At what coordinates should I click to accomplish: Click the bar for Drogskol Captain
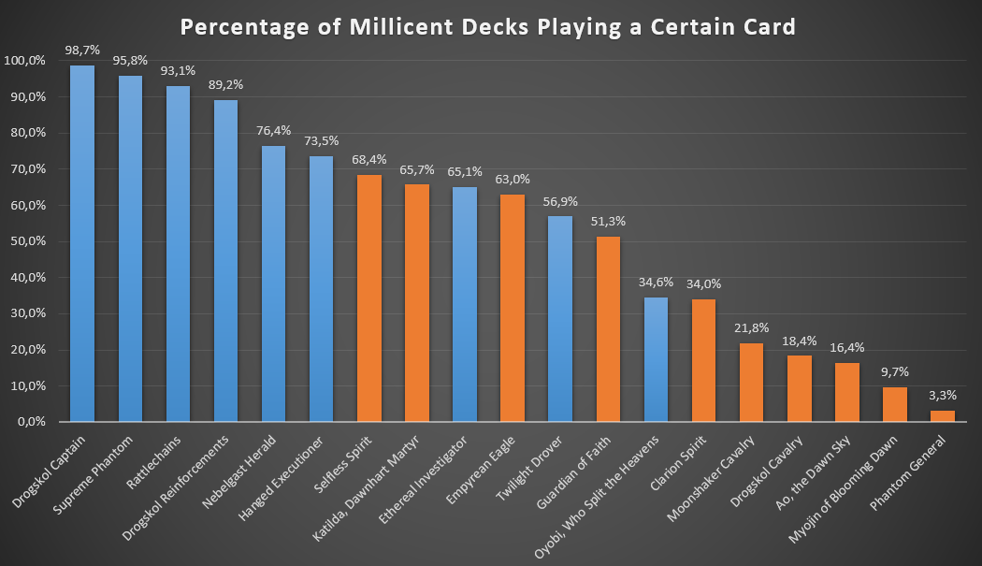[82, 243]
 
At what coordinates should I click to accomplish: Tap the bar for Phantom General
[943, 415]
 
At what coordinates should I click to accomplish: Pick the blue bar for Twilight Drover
[559, 318]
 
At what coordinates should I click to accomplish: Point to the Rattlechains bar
[178, 254]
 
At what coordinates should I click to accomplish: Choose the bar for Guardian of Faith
[607, 328]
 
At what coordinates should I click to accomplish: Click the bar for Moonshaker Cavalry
[751, 382]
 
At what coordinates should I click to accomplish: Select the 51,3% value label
[607, 221]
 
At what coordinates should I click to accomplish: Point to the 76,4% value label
[273, 130]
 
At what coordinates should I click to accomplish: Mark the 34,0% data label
[703, 283]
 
